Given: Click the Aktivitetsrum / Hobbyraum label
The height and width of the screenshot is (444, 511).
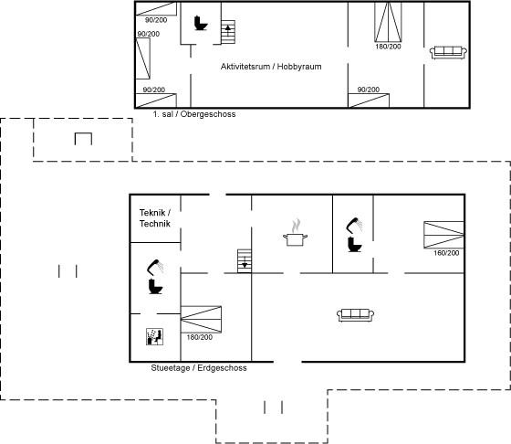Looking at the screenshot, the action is tap(271, 67).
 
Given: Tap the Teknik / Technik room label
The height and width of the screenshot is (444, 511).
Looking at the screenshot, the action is tap(155, 218).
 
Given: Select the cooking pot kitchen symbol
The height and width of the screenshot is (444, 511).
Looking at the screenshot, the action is tap(296, 232).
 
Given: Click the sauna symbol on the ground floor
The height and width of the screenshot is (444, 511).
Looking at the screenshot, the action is tap(154, 336).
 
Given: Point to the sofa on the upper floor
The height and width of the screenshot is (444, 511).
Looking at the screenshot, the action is tap(448, 52).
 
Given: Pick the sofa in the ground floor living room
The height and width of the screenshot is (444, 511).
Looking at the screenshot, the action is tap(355, 315).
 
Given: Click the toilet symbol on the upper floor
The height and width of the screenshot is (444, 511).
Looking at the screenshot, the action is tap(201, 23).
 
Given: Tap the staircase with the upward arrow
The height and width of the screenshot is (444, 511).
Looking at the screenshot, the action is tap(228, 32).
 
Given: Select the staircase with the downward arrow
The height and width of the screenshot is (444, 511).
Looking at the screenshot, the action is tap(245, 261).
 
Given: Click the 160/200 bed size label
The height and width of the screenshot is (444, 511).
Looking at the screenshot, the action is tap(446, 253).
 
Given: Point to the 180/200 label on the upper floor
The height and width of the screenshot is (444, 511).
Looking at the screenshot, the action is tap(388, 47).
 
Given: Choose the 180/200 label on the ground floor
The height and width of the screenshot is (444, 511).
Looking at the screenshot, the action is tap(200, 337).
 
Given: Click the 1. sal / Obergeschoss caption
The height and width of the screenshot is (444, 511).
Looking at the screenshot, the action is tap(194, 114).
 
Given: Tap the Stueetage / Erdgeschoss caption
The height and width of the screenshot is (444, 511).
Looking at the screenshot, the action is tap(199, 368).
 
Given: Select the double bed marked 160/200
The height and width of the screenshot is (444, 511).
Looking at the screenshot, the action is tap(443, 235).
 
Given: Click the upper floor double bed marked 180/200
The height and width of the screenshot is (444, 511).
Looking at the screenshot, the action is tap(388, 22).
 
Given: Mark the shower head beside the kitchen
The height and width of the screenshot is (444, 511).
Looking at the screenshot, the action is tap(354, 225).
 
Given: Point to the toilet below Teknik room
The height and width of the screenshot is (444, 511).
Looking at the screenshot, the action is tap(155, 287).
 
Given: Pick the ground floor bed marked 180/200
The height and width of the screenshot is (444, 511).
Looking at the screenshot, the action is tap(201, 320).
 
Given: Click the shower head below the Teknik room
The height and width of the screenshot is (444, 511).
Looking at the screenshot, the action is tap(155, 267).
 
